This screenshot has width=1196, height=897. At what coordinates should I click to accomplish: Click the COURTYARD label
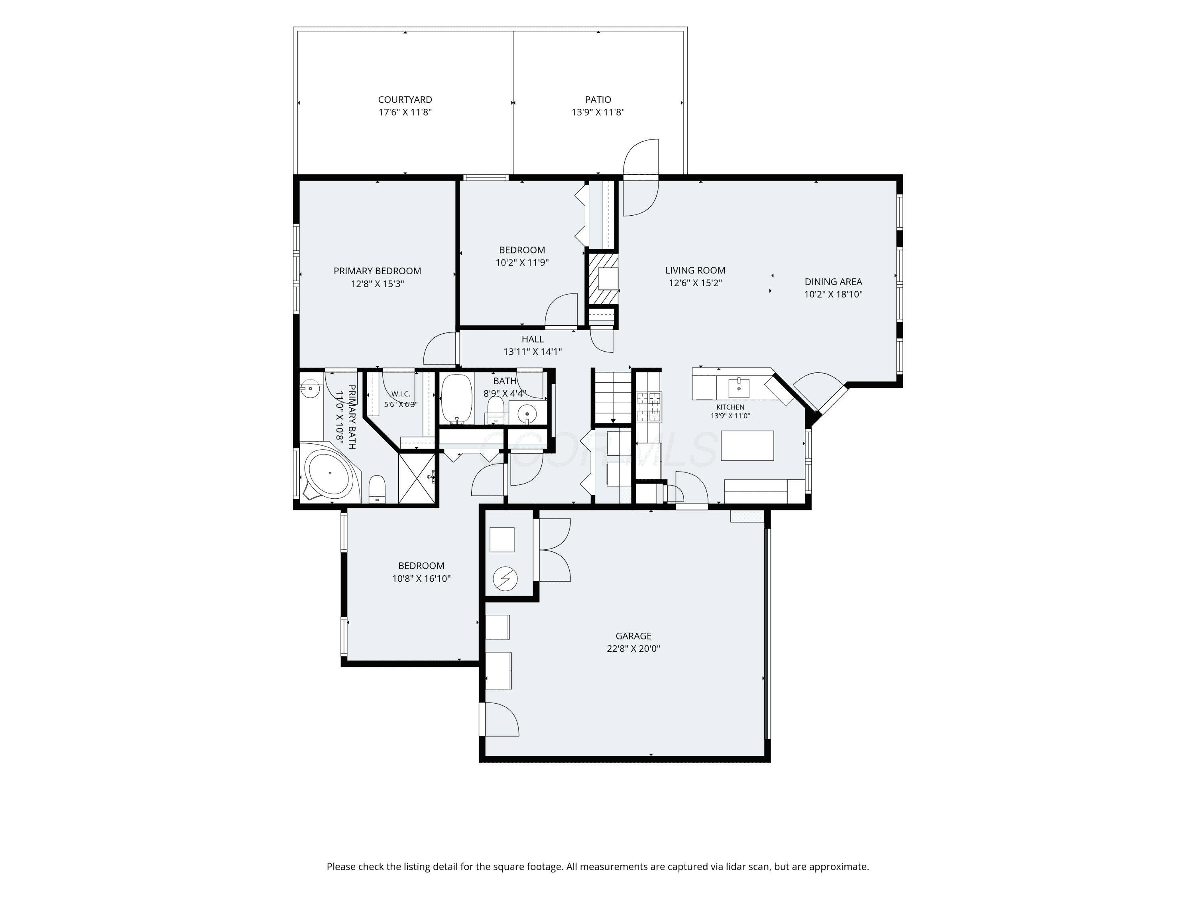click(405, 100)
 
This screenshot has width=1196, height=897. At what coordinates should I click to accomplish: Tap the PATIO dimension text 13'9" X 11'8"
click(598, 112)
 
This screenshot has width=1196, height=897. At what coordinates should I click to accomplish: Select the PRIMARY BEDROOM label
click(378, 271)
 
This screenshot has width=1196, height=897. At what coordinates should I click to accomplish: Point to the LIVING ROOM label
click(695, 270)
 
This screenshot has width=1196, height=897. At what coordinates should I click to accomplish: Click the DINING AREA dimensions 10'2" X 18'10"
click(833, 295)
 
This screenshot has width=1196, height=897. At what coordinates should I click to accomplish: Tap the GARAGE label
click(634, 636)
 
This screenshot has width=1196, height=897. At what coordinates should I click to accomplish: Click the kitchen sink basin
click(739, 388)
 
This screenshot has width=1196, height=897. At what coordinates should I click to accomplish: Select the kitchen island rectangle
click(747, 446)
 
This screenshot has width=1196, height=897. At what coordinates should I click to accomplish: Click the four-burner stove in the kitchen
click(649, 407)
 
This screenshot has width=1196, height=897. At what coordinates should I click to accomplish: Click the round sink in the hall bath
click(527, 414)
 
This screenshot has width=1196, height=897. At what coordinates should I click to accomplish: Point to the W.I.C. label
click(401, 394)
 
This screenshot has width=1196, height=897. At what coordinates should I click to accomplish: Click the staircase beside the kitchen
click(613, 396)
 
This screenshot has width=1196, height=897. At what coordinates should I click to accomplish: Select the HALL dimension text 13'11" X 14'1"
click(533, 352)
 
